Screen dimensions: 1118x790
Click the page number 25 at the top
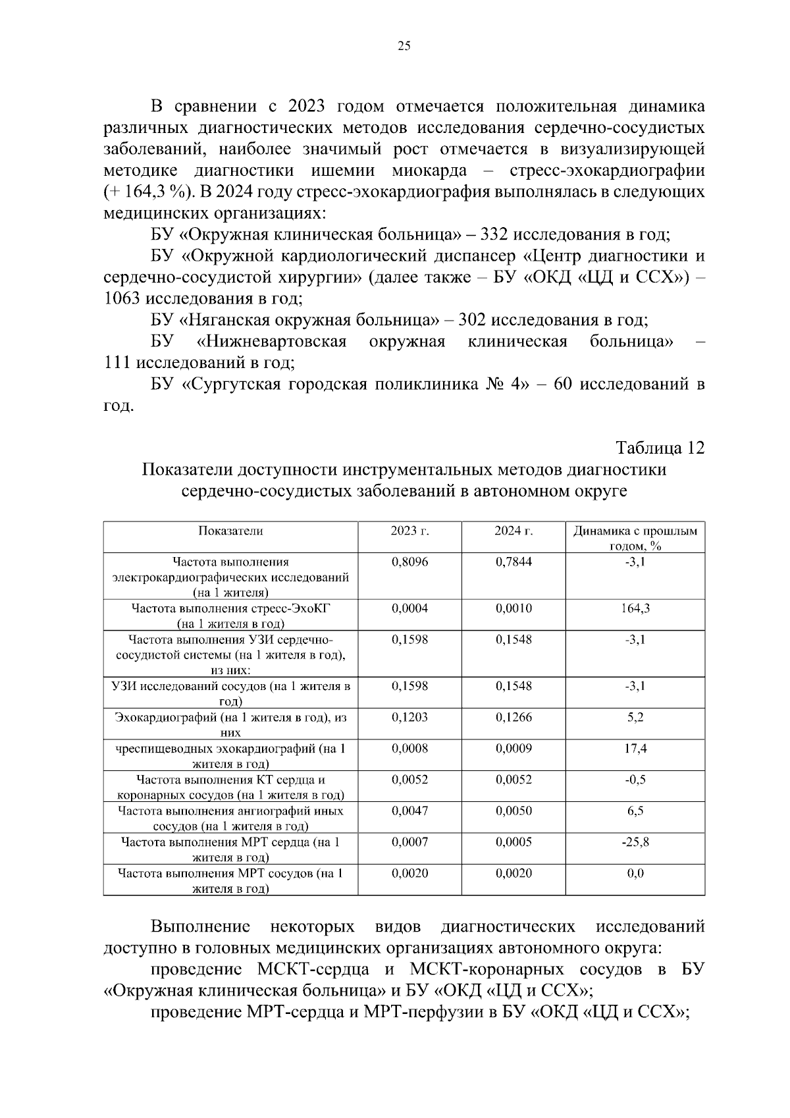click(x=404, y=46)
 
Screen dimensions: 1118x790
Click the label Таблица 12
click(x=660, y=448)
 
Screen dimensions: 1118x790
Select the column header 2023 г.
click(x=409, y=531)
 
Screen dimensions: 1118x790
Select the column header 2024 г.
click(x=513, y=531)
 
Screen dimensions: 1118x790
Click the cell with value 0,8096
click(x=409, y=562)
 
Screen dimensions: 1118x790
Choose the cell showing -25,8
click(x=635, y=842)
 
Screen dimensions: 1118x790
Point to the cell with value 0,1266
click(x=513, y=718)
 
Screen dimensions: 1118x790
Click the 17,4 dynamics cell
click(x=635, y=749)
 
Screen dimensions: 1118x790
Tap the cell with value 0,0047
click(x=409, y=811)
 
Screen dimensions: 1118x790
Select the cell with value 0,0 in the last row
click(x=635, y=874)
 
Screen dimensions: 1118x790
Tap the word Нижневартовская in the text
click(x=272, y=342)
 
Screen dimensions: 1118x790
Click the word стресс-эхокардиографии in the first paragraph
click(x=607, y=171)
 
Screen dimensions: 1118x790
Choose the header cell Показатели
click(x=230, y=531)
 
